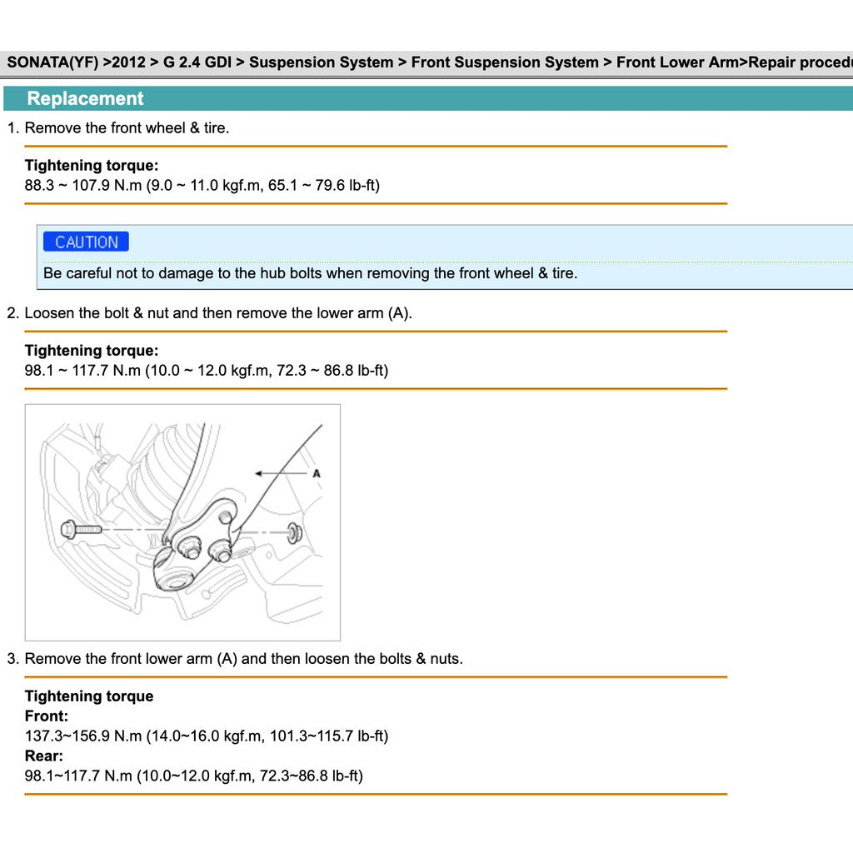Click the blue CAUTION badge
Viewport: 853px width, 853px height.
pos(86,242)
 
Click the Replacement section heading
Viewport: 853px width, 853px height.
pos(85,98)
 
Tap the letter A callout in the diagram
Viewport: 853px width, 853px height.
pos(317,473)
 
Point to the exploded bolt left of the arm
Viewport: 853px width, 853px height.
pos(80,529)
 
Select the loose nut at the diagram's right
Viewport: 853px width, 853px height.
pos(294,531)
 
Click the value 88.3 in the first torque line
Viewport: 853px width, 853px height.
pos(39,185)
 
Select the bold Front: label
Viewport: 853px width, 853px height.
pos(47,716)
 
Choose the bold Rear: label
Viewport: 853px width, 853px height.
pos(44,756)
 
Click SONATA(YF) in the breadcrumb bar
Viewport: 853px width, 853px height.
pos(52,62)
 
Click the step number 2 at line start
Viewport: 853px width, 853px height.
pos(12,314)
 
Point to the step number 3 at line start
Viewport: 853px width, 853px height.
pos(12,659)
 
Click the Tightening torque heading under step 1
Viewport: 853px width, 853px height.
pos(92,166)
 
